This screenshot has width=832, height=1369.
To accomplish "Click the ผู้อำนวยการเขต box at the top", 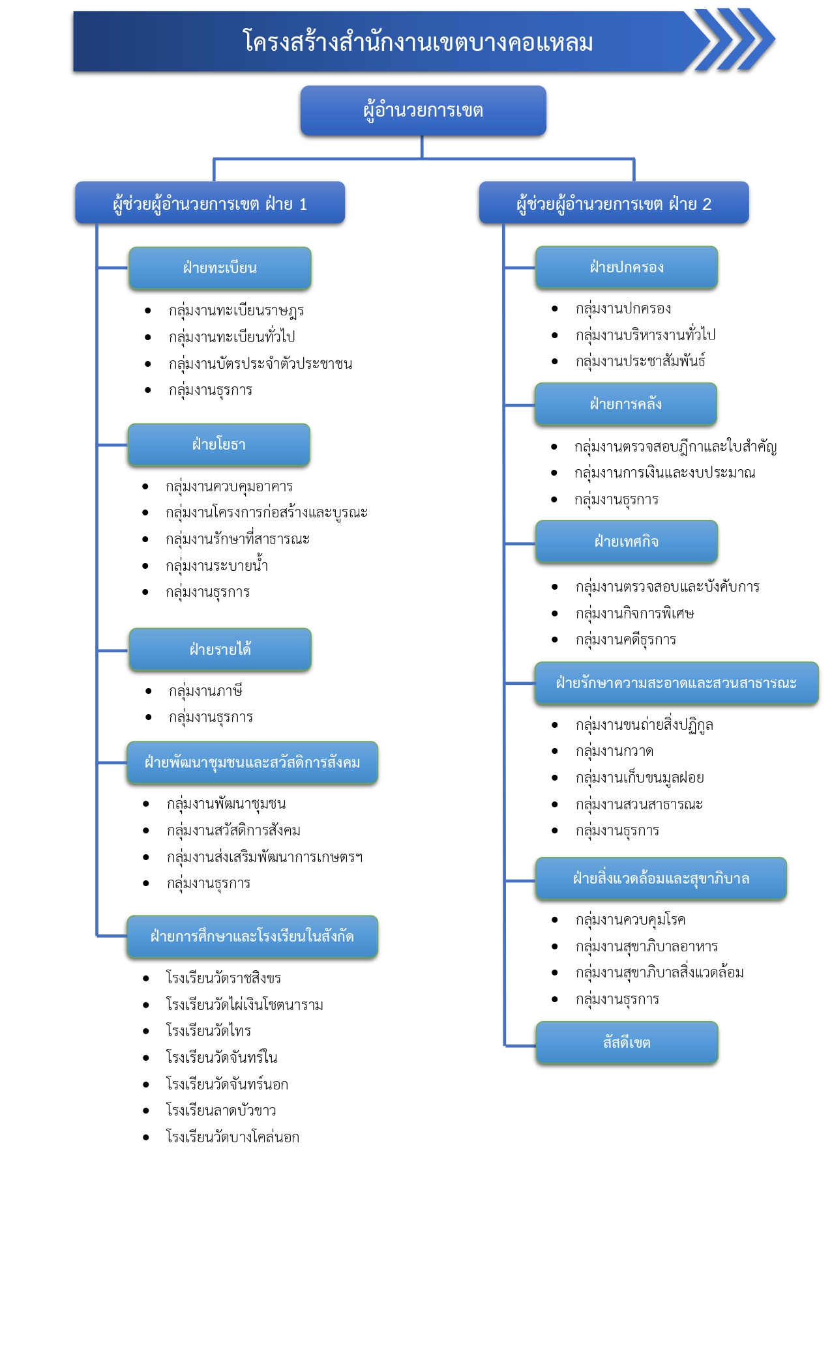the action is [423, 111].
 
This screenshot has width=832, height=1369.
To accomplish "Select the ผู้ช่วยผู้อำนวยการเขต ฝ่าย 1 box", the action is [210, 203].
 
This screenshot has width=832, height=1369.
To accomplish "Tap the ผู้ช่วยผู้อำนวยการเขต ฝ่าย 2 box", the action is [614, 203].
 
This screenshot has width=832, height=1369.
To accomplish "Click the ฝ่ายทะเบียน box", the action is [220, 268].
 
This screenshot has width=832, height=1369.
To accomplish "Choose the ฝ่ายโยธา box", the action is [219, 445].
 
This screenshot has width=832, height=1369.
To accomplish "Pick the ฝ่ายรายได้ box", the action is [220, 650].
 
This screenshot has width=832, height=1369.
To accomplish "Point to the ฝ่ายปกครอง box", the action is [627, 267].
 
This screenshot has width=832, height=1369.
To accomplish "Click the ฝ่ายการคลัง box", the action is [626, 405].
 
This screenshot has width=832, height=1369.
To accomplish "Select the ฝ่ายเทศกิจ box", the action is [627, 542].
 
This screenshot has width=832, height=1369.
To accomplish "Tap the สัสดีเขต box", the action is [627, 1043].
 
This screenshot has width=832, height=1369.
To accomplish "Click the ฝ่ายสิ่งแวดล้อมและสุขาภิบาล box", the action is [661, 879].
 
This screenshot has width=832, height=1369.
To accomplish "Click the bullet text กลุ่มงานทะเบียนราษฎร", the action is [237, 311].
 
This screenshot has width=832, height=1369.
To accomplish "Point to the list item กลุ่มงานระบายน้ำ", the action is [217, 565].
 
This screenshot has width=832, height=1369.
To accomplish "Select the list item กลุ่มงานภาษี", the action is [205, 691].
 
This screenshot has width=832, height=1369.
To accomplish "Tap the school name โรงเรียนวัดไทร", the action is [209, 1031].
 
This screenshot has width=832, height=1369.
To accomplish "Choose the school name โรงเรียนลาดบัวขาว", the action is [221, 1110].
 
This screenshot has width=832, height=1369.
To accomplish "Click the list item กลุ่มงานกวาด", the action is [614, 751].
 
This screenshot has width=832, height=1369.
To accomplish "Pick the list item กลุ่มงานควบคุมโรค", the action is [631, 920].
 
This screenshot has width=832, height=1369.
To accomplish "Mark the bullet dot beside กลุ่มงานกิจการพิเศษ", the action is [555, 613].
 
